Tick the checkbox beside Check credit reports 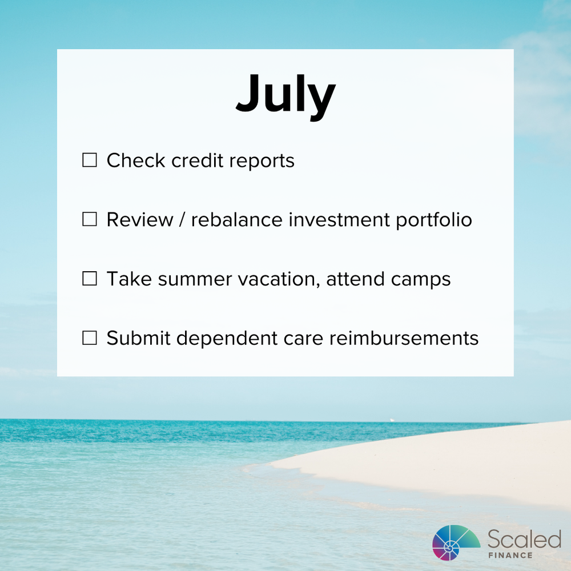[90, 160]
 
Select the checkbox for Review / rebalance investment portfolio [90, 220]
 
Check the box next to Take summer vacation [90, 279]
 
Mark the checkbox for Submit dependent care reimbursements [90, 339]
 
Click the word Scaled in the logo [524, 538]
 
